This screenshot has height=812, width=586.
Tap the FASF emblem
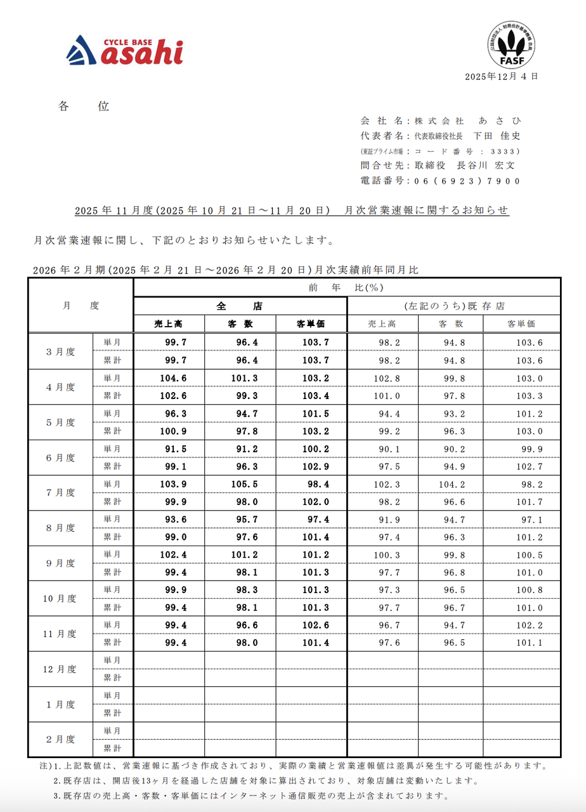[x=511, y=45]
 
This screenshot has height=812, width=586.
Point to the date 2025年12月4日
[x=501, y=76]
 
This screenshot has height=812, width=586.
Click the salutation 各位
[x=84, y=107]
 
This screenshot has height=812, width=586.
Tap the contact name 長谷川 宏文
[x=486, y=166]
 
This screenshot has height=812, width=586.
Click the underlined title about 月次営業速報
[x=292, y=211]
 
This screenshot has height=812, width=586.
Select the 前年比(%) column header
[x=346, y=287]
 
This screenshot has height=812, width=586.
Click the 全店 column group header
[x=240, y=306]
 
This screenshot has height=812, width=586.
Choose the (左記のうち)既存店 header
[x=453, y=306]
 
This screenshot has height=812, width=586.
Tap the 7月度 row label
[x=61, y=492]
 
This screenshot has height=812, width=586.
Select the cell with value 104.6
[x=169, y=378]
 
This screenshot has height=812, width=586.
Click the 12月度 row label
[x=61, y=669]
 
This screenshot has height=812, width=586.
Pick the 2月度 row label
[x=61, y=740]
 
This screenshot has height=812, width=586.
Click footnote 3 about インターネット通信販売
[x=251, y=796]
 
